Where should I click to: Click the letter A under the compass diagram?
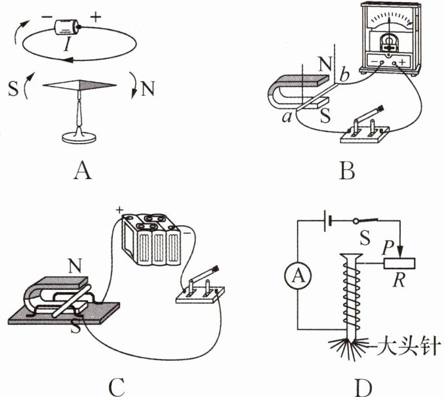(x=81, y=171)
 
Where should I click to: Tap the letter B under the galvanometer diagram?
(x=348, y=171)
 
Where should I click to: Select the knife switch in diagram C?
(x=201, y=289)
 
